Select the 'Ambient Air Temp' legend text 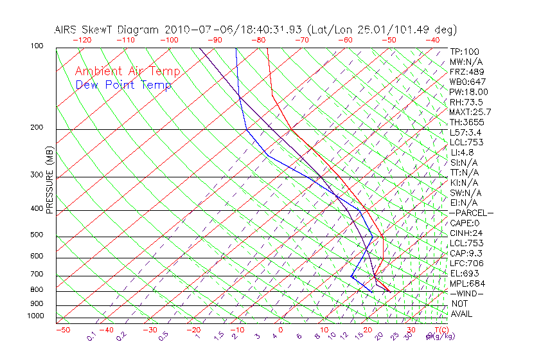pos(127,71)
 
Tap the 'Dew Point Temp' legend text pos(123,85)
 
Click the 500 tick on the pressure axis pos(37,235)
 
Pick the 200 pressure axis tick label pos(37,127)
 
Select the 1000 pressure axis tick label pos(35,316)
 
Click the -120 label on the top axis pos(82,40)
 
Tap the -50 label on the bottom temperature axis pos(62,330)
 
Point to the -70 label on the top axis pos(301,40)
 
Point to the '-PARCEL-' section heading pos(471,213)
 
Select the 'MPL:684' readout pos(467,283)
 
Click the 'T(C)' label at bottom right pos(436,330)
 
